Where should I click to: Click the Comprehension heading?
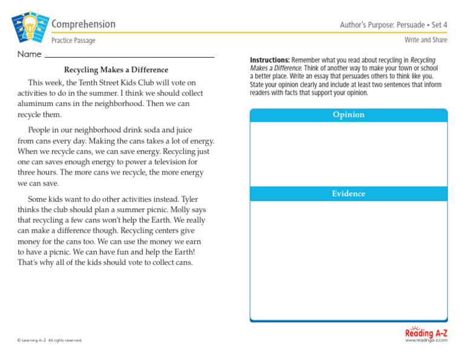84,24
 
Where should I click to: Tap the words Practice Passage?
73,41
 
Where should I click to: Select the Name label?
29,55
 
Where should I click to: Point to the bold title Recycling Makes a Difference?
116,70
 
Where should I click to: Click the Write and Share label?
426,40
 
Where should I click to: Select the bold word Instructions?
270,61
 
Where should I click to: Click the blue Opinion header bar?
348,115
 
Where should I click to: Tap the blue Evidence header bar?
348,194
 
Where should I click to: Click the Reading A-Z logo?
426,334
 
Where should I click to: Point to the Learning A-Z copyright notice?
50,341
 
